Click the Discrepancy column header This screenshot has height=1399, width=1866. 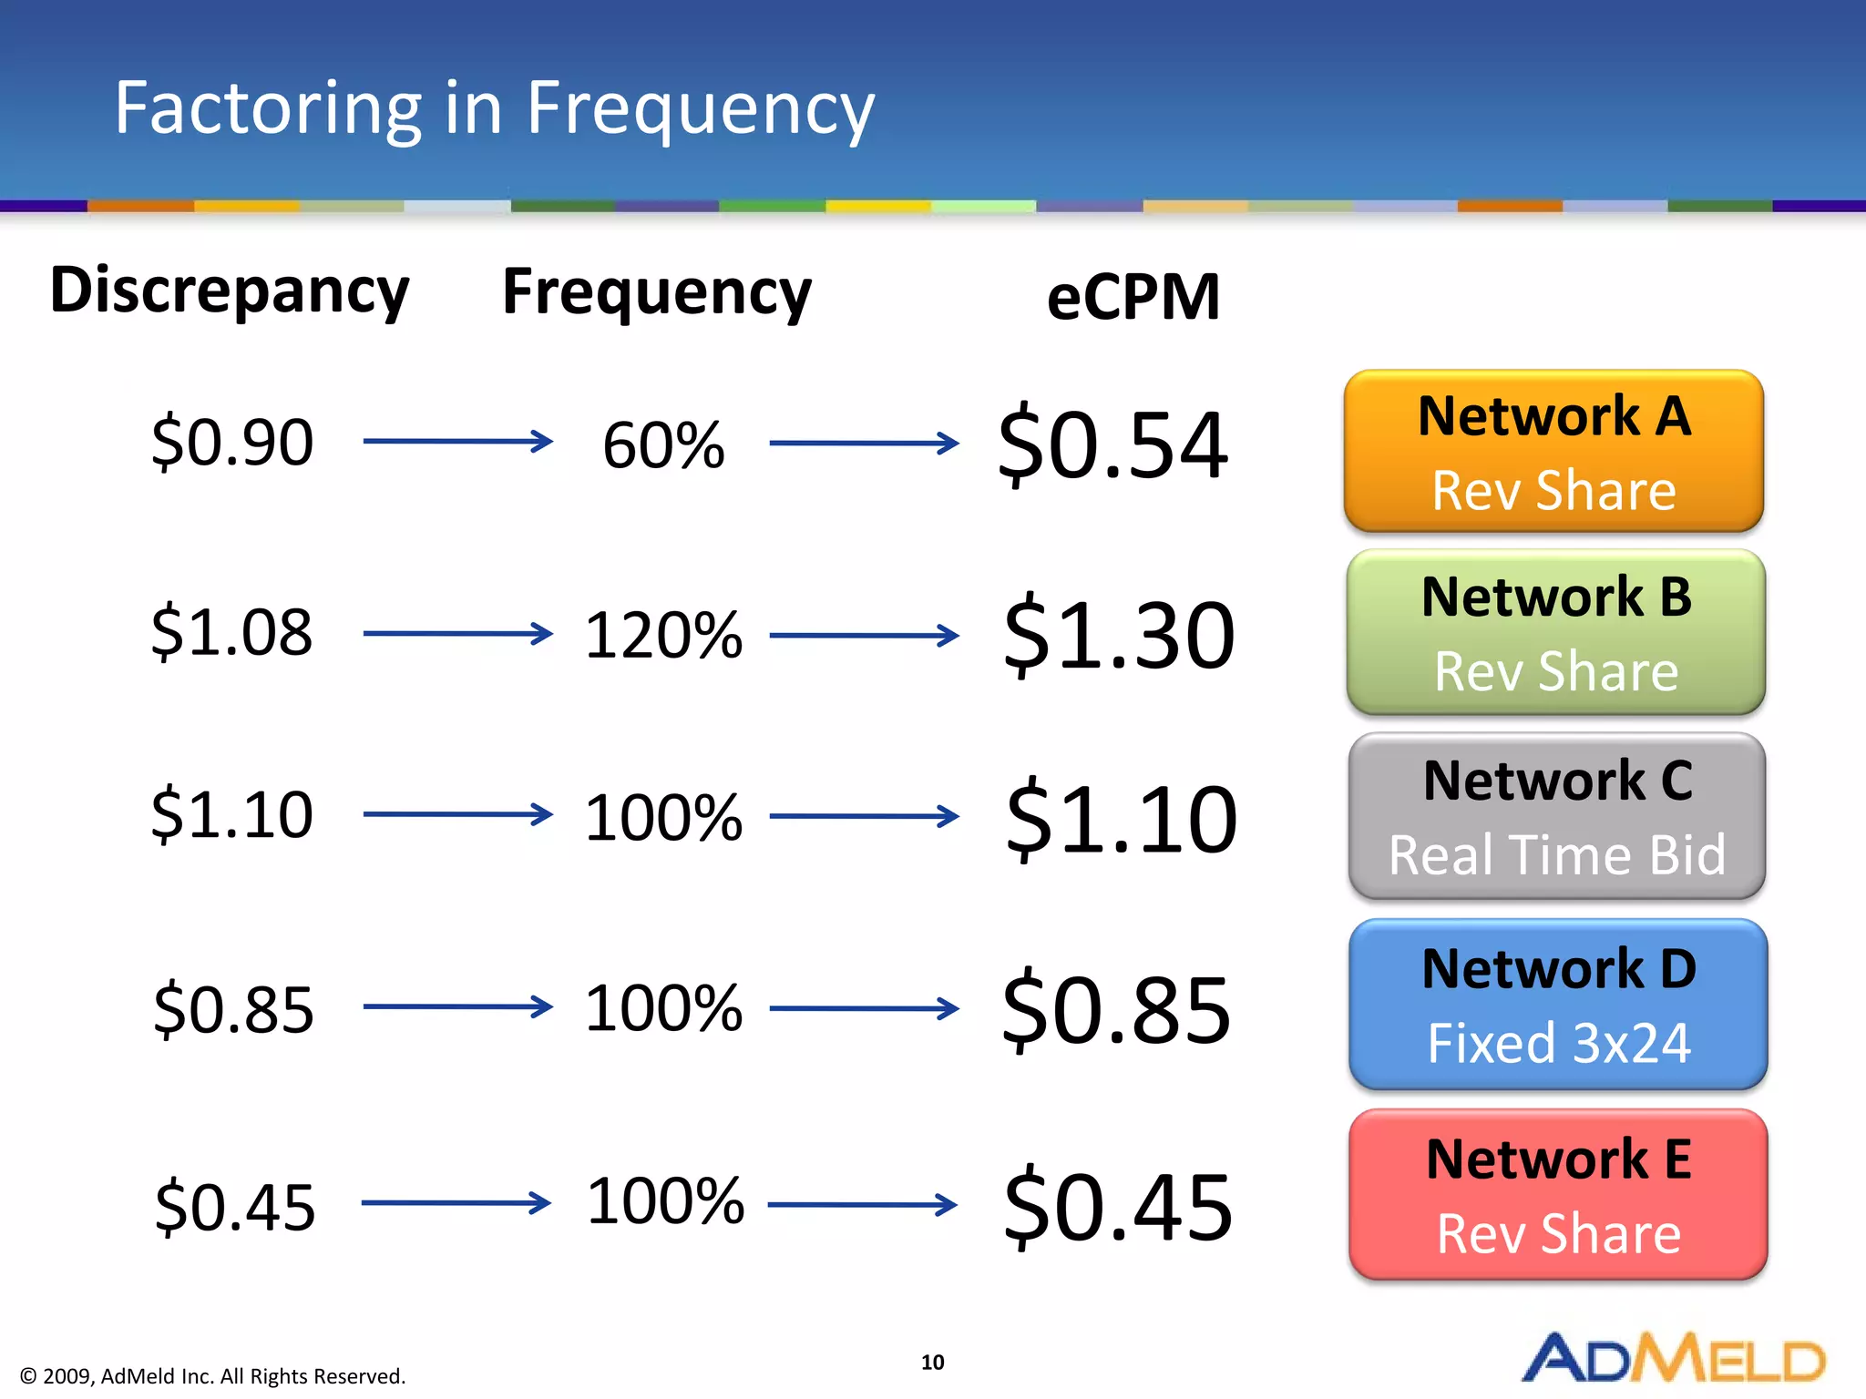click(x=230, y=291)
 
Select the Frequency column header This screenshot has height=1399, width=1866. click(x=656, y=293)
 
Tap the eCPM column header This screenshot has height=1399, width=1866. click(x=1133, y=298)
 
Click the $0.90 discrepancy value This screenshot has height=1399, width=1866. click(x=232, y=442)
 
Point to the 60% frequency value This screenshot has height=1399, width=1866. click(x=663, y=445)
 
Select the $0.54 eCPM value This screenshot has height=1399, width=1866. click(x=1112, y=445)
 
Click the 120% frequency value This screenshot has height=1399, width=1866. click(x=663, y=635)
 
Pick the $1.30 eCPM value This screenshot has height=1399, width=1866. click(x=1118, y=635)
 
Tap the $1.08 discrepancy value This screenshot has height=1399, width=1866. click(x=232, y=631)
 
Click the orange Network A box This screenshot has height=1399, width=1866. click(x=1553, y=452)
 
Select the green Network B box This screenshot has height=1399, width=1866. click(x=1555, y=632)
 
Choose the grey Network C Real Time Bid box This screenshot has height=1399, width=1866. click(x=1556, y=816)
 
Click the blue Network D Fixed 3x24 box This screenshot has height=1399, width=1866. click(x=1558, y=1005)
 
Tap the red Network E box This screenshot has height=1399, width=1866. click(x=1558, y=1194)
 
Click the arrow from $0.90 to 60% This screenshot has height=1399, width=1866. click(x=457, y=442)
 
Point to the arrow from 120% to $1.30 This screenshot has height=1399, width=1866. click(x=864, y=636)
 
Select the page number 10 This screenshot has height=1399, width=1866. click(x=932, y=1362)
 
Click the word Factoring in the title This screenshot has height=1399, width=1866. click(x=268, y=108)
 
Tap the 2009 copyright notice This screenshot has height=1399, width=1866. click(x=212, y=1376)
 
